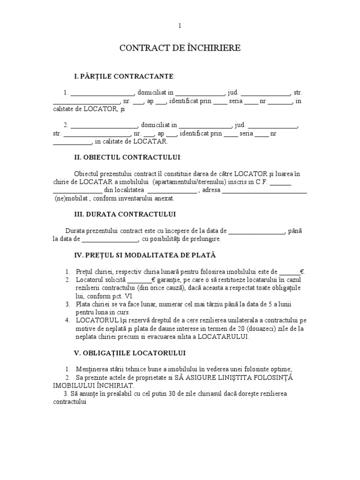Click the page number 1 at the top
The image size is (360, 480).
point(180,26)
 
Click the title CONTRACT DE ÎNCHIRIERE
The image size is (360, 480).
point(180,48)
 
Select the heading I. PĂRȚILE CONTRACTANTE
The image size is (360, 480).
point(124,76)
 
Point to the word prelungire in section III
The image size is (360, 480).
point(204,239)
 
